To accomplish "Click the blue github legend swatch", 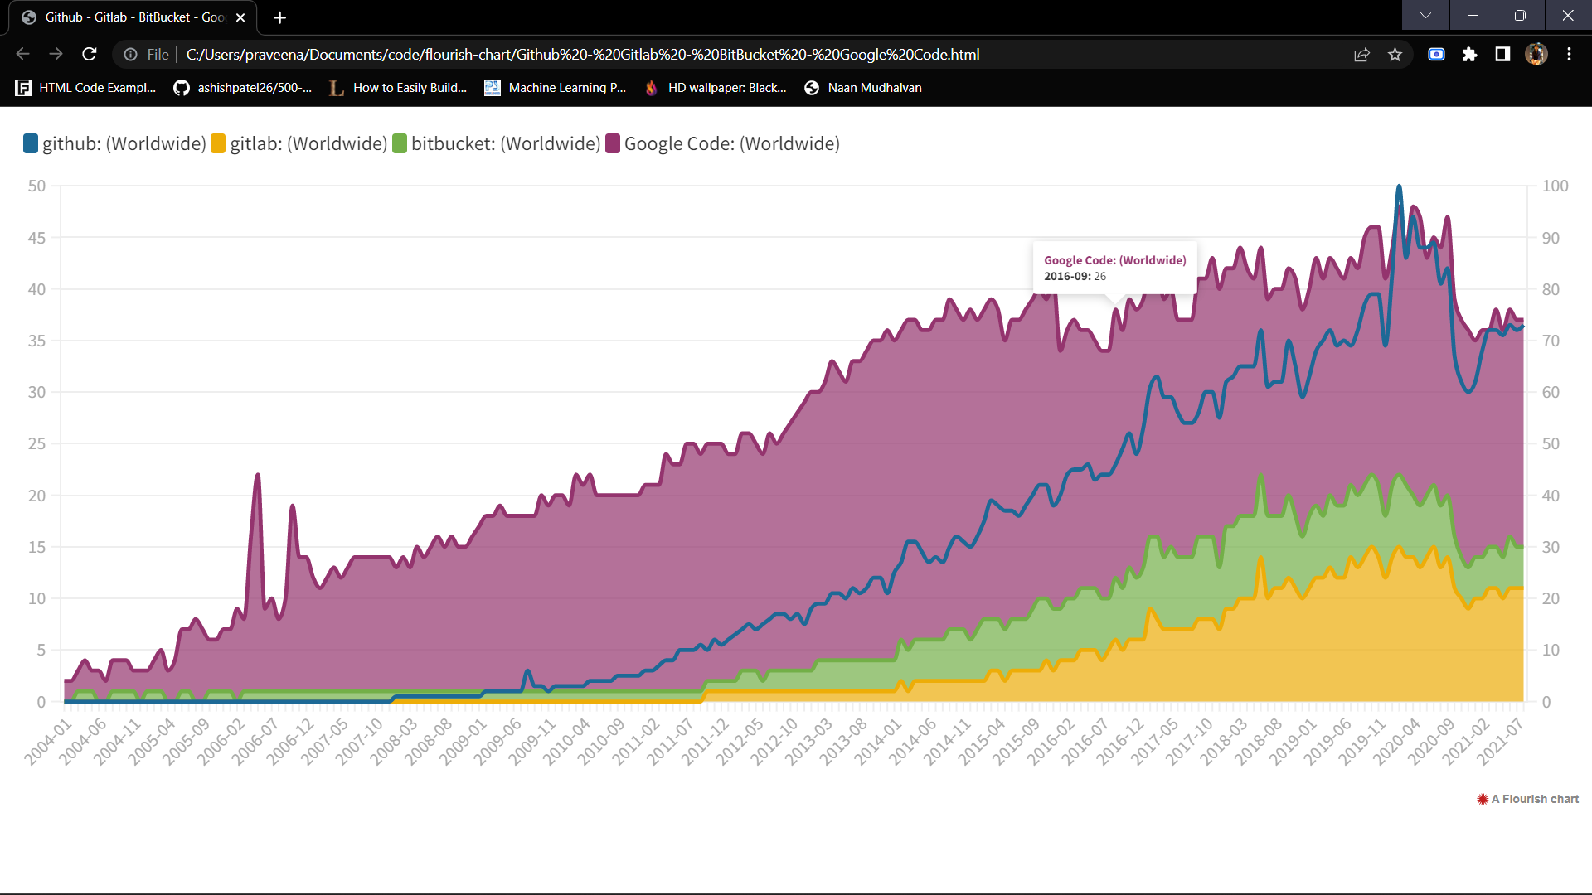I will coord(31,143).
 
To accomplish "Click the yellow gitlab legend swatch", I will coord(218,143).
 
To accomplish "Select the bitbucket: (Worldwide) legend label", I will coord(505,143).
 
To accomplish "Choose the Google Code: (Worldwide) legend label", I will coord(731,143).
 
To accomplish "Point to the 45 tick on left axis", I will coord(36,238).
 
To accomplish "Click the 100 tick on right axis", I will coord(1555,186).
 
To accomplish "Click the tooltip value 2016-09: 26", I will coord(1075,276).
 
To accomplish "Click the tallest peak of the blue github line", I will coord(1399,187).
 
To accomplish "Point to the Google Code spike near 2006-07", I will coord(258,476).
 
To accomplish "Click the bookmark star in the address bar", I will coord(1395,55).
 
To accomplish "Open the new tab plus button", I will coord(279,17).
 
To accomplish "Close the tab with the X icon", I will coord(240,17).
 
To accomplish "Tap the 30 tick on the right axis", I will coord(1551,547).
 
